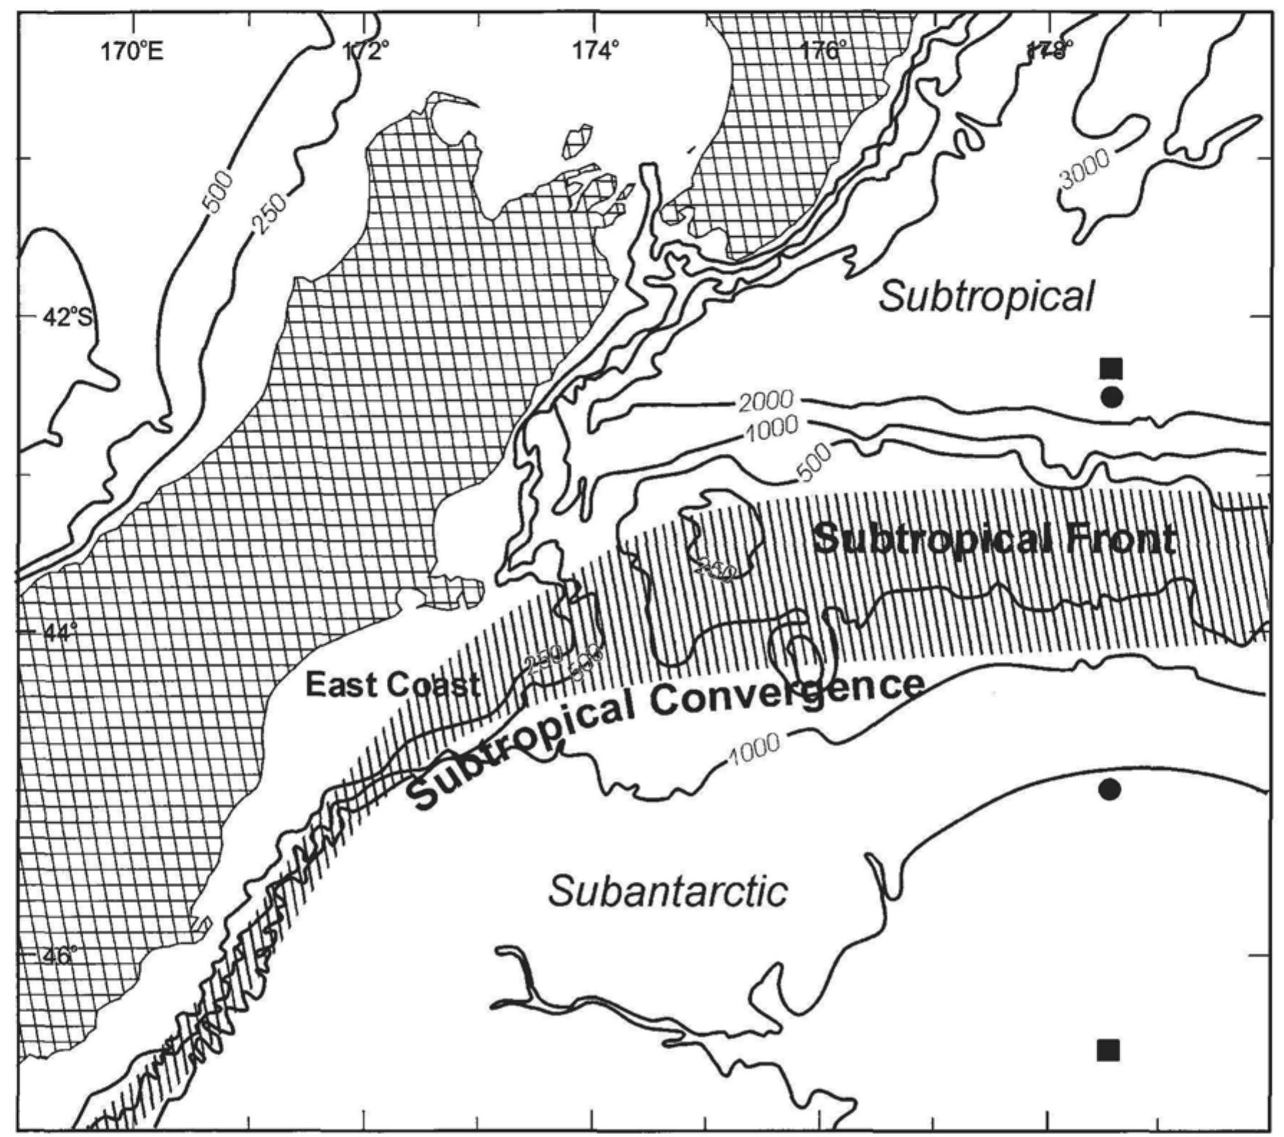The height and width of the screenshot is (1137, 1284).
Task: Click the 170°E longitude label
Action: pos(132,51)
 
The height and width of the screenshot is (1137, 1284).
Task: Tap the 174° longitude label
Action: pos(596,51)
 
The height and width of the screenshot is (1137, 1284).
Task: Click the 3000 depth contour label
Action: pos(1084,169)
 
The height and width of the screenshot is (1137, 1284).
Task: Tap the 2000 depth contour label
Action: pos(766,401)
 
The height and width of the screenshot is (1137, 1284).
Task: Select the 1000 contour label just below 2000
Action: pos(772,429)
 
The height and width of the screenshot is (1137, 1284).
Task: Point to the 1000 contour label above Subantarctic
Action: pos(754,748)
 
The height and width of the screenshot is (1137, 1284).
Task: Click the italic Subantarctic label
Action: pos(667,892)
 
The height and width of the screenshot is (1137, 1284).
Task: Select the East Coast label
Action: pos(393,685)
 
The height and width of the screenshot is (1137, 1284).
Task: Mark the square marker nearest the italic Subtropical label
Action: pos(1111,368)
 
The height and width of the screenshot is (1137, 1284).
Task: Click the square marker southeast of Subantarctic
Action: pos(1108,1049)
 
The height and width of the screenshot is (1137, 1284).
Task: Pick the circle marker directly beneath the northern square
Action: pos(1112,397)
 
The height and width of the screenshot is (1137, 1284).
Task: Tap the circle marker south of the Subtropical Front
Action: pos(1110,790)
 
